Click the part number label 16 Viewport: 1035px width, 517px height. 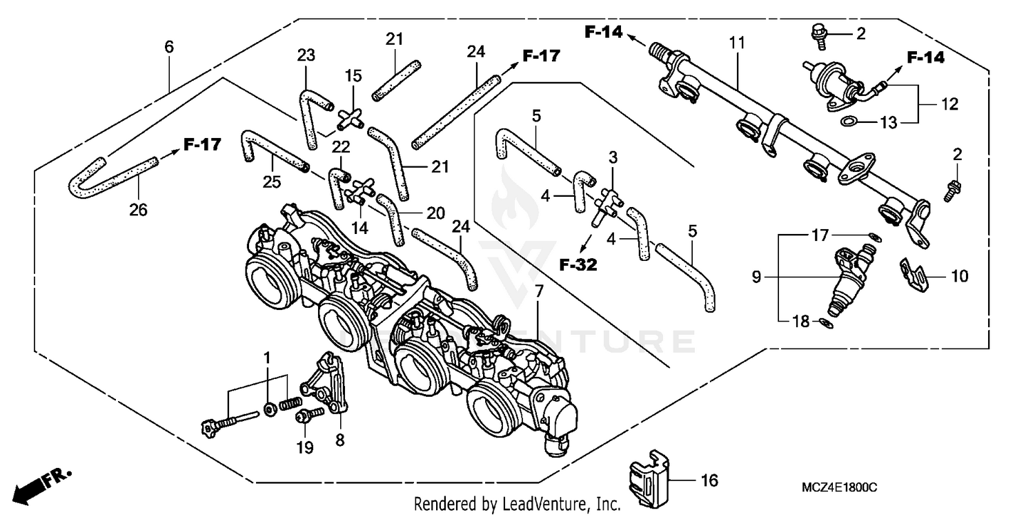(710, 480)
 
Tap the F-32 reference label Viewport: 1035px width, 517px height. (577, 263)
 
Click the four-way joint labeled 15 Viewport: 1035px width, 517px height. (353, 118)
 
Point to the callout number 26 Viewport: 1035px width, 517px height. (139, 210)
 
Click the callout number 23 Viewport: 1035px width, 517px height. (306, 55)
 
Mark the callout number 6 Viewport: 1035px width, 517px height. (169, 48)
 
